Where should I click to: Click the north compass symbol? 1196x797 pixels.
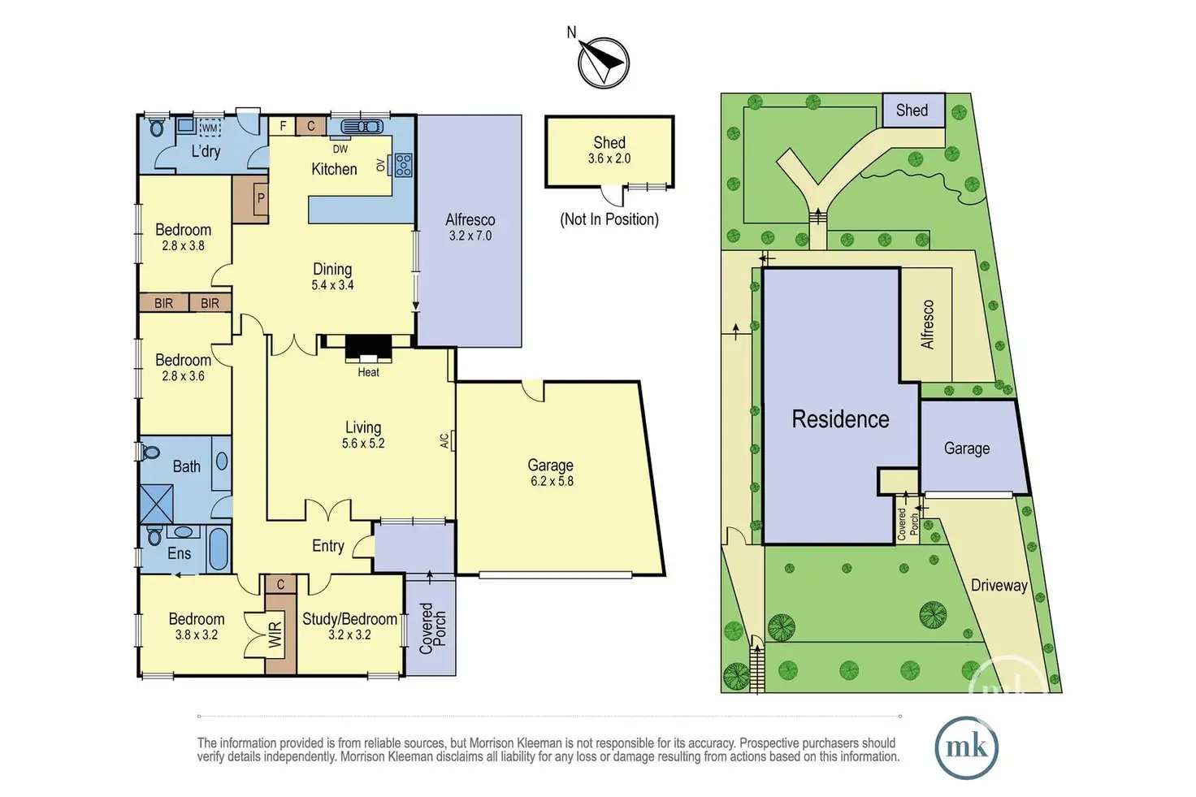click(604, 62)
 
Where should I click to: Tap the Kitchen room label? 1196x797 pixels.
click(334, 169)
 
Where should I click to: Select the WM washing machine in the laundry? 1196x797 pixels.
click(210, 128)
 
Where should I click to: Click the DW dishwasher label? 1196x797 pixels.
click(340, 149)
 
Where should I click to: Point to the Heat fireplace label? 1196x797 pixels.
click(368, 372)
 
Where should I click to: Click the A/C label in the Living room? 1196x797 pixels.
click(444, 440)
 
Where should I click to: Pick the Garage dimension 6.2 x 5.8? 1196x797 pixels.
click(550, 481)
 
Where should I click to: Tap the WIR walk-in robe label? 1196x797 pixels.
click(275, 635)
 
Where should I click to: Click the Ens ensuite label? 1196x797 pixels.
click(179, 553)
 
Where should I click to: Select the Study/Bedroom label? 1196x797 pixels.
click(349, 619)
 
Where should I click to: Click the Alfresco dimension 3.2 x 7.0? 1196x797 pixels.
click(470, 236)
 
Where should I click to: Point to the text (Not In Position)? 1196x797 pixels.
click(609, 219)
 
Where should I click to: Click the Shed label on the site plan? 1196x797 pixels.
click(912, 110)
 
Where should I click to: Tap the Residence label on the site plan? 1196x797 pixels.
click(840, 419)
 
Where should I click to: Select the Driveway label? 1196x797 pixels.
click(999, 585)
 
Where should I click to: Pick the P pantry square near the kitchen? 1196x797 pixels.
click(261, 198)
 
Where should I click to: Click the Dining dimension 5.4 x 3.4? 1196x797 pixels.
click(332, 285)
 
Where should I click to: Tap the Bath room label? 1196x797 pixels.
click(186, 466)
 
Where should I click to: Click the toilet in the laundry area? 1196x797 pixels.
click(157, 128)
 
